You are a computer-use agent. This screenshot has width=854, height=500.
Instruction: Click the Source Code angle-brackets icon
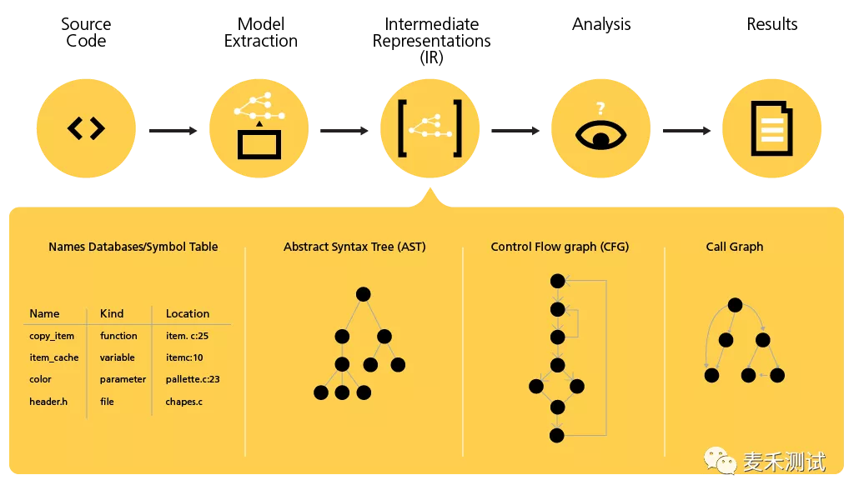coord(86,128)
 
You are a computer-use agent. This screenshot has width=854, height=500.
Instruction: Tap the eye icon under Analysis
coord(600,135)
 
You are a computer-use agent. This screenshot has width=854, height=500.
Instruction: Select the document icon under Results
coord(772,129)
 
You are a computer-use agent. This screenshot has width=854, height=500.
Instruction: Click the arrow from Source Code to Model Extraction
coord(173,131)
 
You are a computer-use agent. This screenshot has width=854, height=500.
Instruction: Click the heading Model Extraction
coord(260,32)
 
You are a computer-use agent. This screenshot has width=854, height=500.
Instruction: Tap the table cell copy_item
coord(52,336)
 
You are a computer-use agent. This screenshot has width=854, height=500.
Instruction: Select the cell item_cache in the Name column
coord(54,357)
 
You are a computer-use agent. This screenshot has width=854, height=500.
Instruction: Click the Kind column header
coord(112,313)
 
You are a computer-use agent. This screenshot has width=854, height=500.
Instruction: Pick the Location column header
coord(188,313)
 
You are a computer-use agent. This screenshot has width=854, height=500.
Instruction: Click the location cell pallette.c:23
coord(193,379)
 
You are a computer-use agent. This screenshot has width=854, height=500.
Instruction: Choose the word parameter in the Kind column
coord(123,379)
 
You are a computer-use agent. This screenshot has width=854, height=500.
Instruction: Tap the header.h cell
coord(48,402)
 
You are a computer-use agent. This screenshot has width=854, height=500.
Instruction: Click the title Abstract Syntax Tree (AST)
coord(354,247)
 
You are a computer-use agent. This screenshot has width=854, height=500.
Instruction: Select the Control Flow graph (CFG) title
coord(560,247)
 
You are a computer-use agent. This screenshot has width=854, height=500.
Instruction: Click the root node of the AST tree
coord(363,293)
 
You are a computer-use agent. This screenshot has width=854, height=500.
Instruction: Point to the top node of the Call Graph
coord(734,305)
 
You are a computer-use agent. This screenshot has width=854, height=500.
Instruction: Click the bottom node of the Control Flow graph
coord(557,435)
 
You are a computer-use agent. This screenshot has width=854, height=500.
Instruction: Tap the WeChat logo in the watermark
coord(720,460)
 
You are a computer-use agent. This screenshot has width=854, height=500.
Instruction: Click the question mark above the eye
coord(600,107)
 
